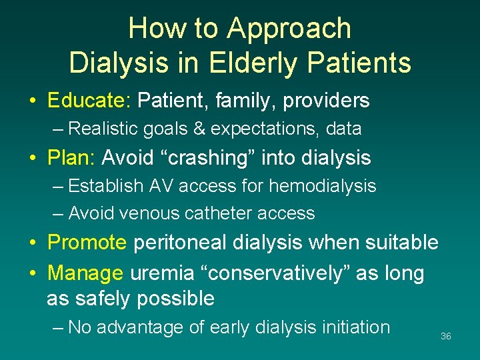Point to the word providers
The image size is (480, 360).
326,101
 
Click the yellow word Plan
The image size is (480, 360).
73,158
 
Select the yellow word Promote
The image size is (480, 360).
87,242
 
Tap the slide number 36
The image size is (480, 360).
446,337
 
